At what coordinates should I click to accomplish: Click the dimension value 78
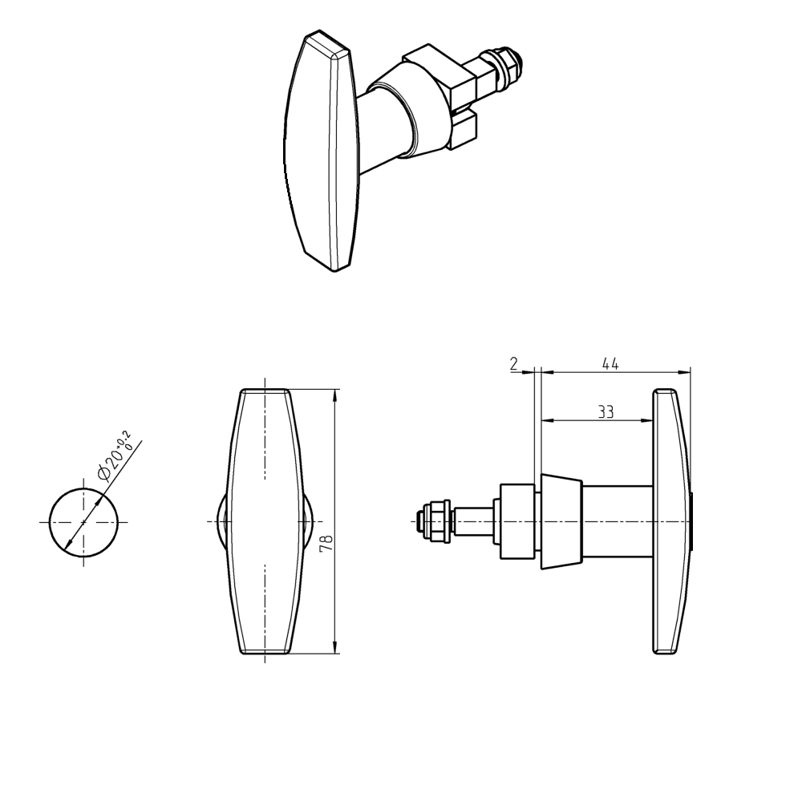(326, 543)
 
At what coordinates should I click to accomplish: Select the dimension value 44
(610, 363)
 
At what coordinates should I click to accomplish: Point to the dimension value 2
(513, 363)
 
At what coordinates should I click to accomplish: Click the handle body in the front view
(264, 521)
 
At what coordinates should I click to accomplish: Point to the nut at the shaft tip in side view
(433, 521)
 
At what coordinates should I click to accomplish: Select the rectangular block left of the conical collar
(518, 521)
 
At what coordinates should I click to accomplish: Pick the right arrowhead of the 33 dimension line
(647, 419)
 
